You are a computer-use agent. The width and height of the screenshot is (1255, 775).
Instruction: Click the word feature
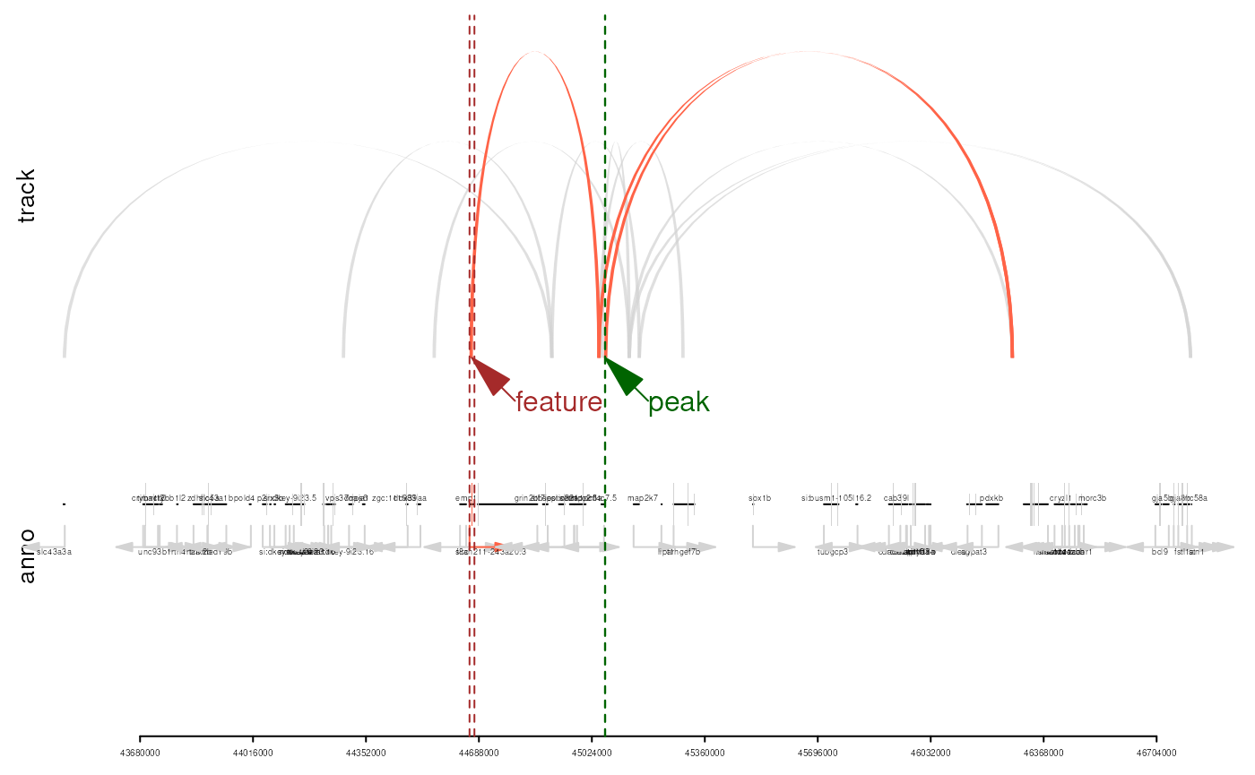coord(558,402)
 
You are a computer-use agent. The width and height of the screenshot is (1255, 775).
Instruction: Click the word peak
coord(679,403)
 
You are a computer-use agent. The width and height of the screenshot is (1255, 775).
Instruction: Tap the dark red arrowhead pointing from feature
coord(489,375)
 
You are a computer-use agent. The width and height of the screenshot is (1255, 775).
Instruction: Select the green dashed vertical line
coord(605,627)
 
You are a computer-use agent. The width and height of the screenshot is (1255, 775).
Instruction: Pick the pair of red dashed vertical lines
coord(472,627)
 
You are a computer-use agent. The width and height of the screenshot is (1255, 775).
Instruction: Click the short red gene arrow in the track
coord(488,546)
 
